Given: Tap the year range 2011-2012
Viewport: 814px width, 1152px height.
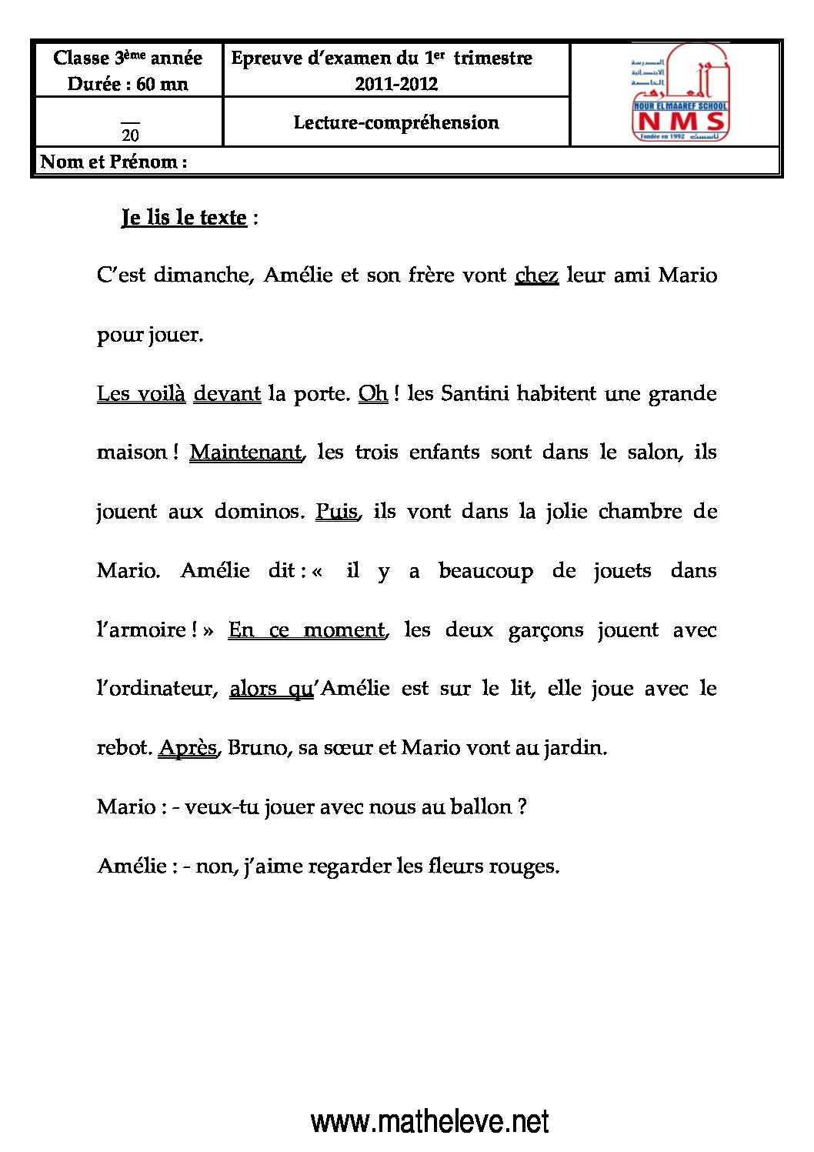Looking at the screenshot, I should pos(396,84).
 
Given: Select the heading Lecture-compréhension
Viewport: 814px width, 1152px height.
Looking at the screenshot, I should pos(396,122).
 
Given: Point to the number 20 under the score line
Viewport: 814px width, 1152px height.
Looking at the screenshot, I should pos(131,135).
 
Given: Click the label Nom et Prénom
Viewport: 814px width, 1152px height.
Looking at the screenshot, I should pos(113,162).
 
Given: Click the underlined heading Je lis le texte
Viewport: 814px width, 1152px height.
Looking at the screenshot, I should pos(184,218).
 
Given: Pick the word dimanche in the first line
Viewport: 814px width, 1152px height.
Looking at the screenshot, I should pos(204,275).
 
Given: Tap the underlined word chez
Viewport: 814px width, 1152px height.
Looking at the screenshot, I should pos(536,275).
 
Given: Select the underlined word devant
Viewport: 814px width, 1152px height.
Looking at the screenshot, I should pos(227,394).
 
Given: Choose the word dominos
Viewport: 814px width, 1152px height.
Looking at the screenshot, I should pos(259,512).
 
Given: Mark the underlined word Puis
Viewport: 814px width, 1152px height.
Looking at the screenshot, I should pos(337,512).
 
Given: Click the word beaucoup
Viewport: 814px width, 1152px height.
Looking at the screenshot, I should pos(485,571).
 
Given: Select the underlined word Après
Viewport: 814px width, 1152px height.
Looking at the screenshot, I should pos(188,748).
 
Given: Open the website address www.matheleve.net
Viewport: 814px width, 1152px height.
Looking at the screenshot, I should pos(430,1122).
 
